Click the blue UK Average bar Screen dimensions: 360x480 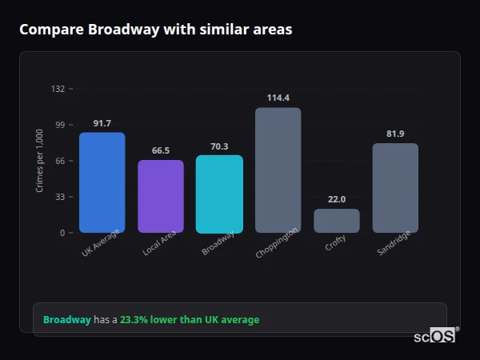point(102,182)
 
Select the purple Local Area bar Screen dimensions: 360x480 point(161,196)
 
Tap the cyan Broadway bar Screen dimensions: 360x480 point(219,194)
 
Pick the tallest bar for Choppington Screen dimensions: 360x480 point(278,170)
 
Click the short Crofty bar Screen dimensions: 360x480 point(337,221)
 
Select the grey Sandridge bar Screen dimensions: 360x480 point(395,188)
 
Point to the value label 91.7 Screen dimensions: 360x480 point(102,123)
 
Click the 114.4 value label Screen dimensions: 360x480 point(278,98)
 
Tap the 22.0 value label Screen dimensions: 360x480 point(337,199)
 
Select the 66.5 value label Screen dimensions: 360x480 point(161,150)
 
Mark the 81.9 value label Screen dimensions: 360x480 point(395,134)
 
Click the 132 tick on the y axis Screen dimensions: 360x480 point(58,89)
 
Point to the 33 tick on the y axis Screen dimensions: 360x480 point(60,197)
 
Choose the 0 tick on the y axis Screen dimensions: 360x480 point(62,233)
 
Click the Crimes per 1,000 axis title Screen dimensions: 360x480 point(40,160)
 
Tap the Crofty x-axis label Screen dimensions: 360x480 point(336,243)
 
